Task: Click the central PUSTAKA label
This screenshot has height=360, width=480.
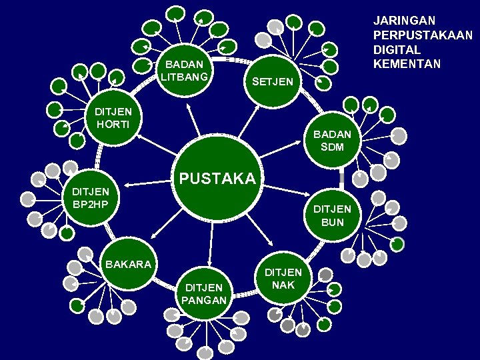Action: [216, 179]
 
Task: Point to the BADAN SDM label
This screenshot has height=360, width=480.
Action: [331, 140]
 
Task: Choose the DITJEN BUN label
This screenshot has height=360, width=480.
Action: [333, 215]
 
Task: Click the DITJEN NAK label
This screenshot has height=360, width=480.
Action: [283, 279]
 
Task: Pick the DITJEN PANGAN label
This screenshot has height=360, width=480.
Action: [204, 293]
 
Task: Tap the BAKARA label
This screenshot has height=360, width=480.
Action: [127, 264]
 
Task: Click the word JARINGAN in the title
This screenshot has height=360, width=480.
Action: [404, 21]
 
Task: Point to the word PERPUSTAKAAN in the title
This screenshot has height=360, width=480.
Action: [423, 35]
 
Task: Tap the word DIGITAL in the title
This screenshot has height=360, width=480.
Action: [397, 50]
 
